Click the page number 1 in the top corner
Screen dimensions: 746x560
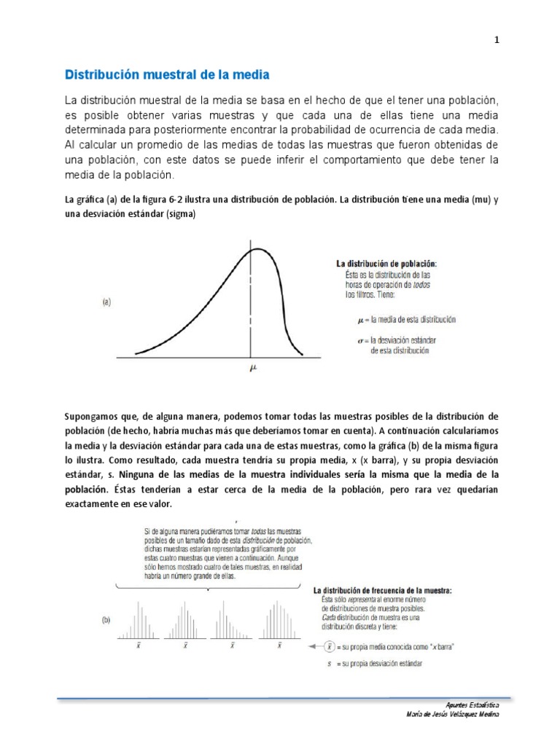tap(497, 41)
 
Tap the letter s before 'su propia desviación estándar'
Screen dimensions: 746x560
tap(330, 663)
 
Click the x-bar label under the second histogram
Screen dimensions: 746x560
tap(186, 645)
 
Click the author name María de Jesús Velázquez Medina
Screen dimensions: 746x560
tap(453, 715)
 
